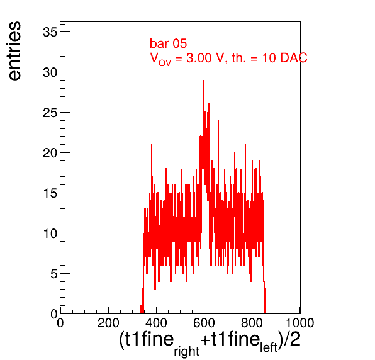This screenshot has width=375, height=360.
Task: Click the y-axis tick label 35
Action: [50, 32]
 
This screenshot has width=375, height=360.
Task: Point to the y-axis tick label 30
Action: [50, 72]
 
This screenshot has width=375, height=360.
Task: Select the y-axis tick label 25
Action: [50, 113]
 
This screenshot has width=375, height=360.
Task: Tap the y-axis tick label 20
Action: [50, 153]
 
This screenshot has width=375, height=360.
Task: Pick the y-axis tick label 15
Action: [50, 193]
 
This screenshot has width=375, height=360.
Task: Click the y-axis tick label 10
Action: [50, 233]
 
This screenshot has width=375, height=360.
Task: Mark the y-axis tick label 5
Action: [54, 274]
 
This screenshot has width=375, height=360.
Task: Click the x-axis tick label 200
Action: [108, 323]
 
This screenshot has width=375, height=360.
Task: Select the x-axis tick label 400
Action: [156, 323]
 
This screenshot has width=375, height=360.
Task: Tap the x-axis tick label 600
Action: [204, 323]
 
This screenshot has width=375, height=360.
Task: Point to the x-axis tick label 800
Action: [252, 323]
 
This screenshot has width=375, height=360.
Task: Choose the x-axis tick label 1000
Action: [300, 323]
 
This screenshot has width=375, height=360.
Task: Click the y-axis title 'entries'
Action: [15, 51]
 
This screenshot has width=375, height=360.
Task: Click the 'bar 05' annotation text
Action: [168, 43]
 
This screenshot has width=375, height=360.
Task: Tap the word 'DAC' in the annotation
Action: [294, 58]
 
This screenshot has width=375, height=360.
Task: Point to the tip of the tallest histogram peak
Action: [204, 81]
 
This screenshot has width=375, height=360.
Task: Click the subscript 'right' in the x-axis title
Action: [186, 352]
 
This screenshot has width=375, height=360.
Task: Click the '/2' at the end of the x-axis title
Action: [291, 339]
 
